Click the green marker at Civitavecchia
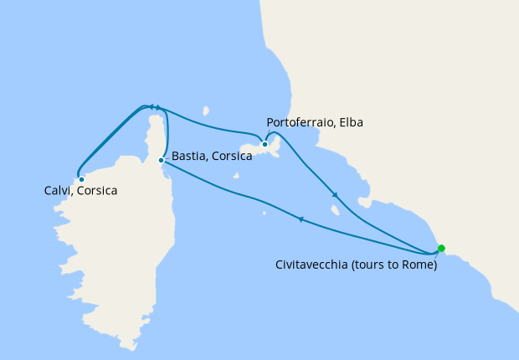(x=441, y=248)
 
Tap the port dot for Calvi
(x=81, y=179)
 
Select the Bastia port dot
(x=161, y=160)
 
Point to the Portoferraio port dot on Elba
(x=265, y=144)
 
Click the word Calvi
(x=59, y=191)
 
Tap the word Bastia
(x=188, y=157)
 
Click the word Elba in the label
(x=352, y=123)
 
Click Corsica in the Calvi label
(x=96, y=191)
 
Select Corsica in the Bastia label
(x=230, y=157)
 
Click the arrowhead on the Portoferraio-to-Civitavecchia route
(x=335, y=196)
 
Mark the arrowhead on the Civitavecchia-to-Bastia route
(x=300, y=219)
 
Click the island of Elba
(x=251, y=152)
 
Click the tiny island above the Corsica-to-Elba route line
(x=205, y=109)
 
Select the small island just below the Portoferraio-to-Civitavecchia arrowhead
(x=335, y=210)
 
